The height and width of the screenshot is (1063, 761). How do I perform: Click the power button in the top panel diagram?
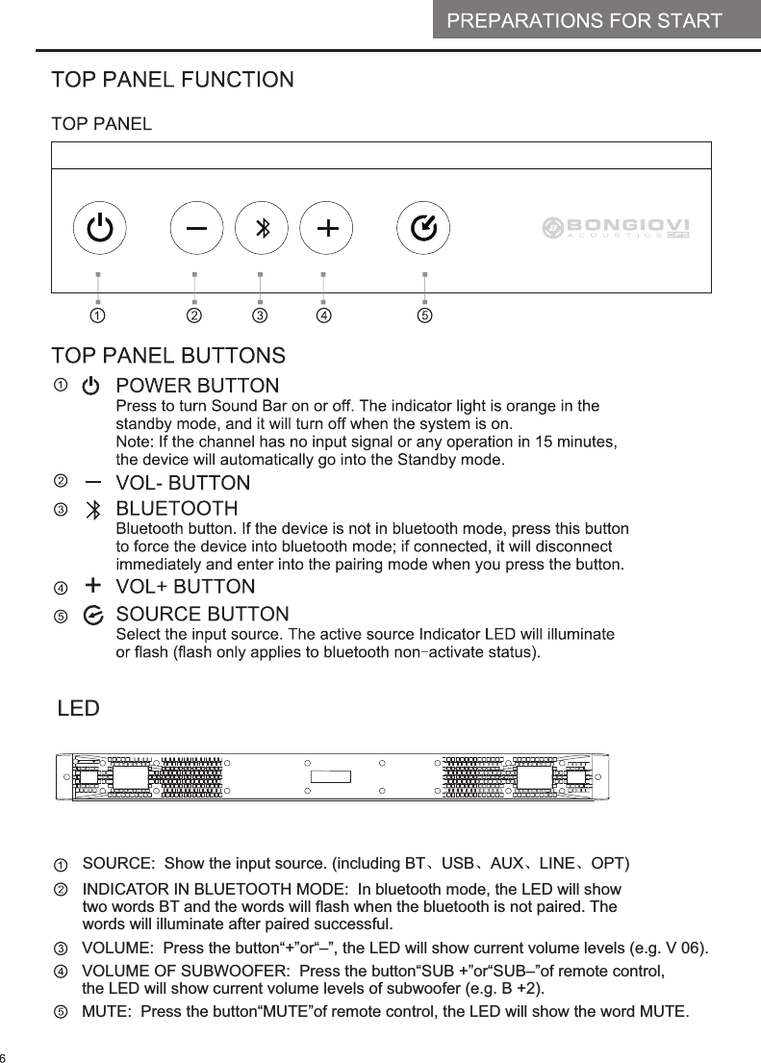pos(99,229)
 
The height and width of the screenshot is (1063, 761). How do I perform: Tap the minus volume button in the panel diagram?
pos(196,229)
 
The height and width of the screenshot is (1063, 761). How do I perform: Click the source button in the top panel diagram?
pos(424,229)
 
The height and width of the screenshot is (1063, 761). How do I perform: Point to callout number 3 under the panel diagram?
pos(260,315)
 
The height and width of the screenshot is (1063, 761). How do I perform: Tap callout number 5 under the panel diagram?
pos(424,315)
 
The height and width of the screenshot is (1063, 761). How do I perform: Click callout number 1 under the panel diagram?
pos(98,315)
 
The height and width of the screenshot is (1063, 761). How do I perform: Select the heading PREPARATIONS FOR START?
pos(584,20)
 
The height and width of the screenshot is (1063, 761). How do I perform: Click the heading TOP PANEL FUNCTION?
pos(172,80)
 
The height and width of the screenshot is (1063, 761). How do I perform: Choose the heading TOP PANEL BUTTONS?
pos(168,356)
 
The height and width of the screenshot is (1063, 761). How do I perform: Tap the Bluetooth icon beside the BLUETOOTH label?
pos(92,509)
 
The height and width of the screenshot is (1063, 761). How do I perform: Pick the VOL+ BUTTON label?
pos(186,587)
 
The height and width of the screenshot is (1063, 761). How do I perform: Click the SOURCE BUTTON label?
pos(202,614)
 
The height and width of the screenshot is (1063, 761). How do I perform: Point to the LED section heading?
pos(78,709)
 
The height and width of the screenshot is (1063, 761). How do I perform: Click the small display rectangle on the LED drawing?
pos(330,776)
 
